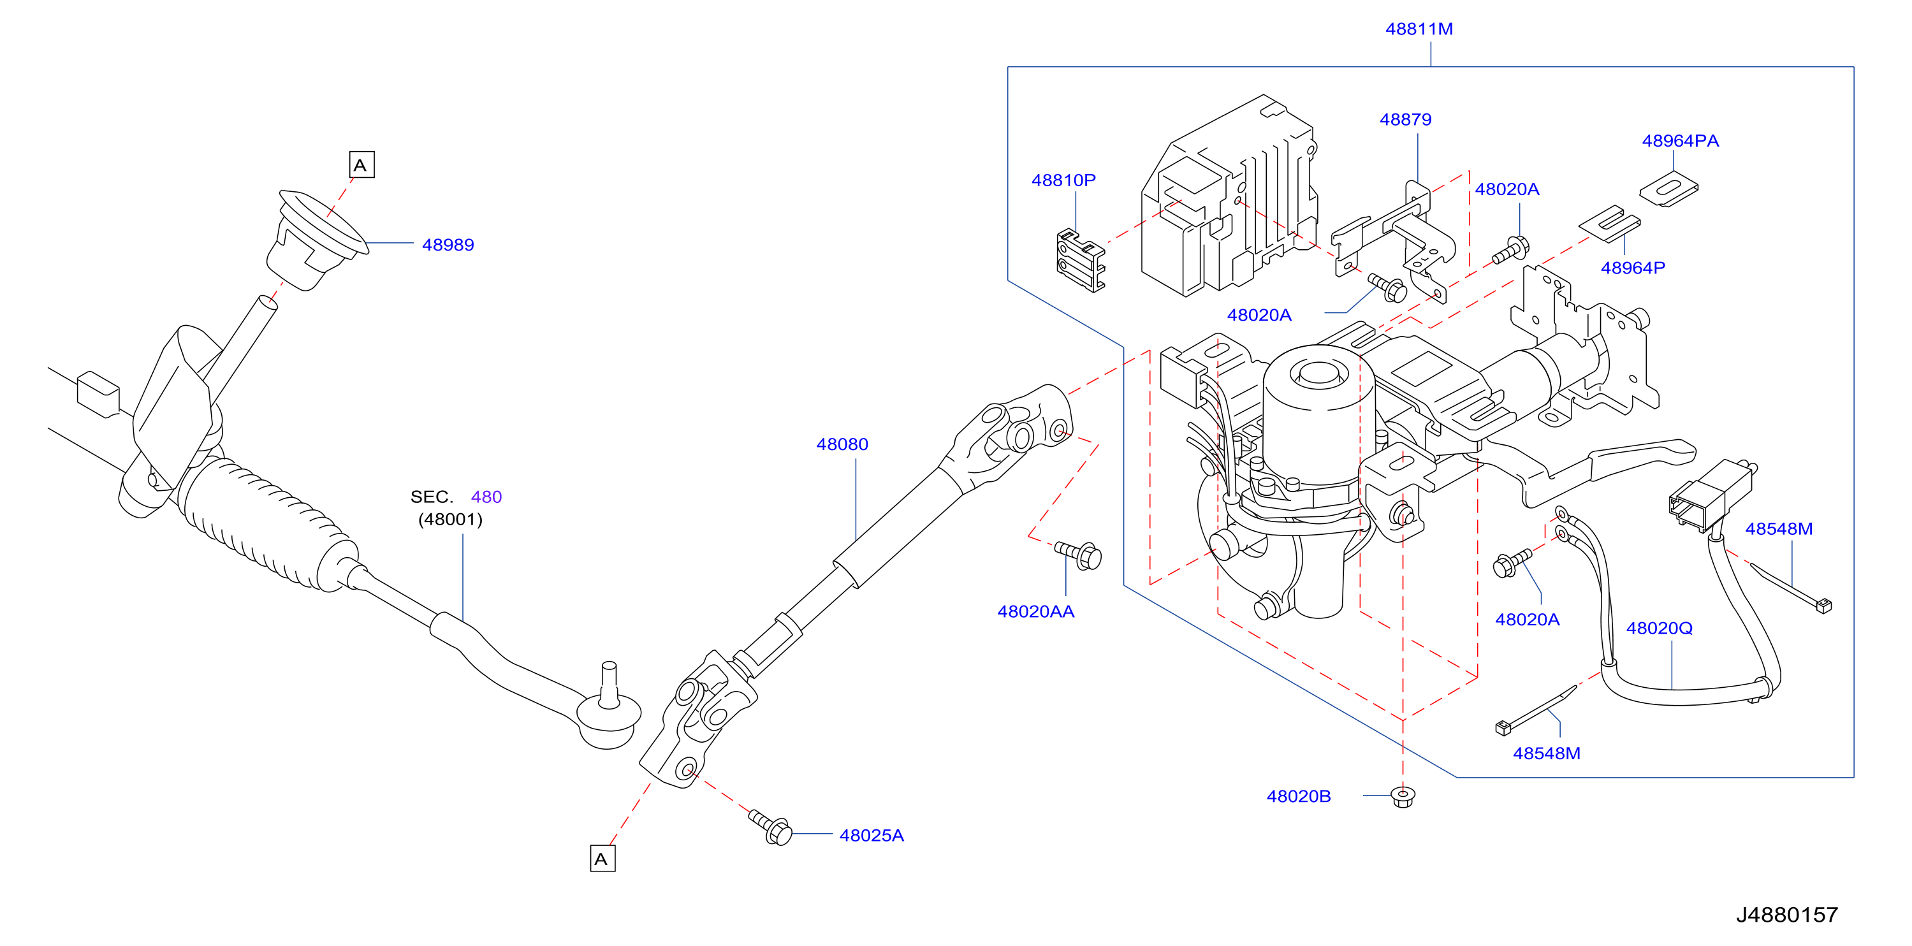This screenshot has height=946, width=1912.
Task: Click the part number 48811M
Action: [x=1419, y=29]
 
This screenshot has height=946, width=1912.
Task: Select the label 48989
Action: [x=448, y=245]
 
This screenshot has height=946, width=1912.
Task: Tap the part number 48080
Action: [x=842, y=444]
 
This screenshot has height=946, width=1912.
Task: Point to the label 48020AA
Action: [x=1035, y=611]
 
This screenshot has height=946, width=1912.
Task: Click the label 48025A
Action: [x=872, y=836]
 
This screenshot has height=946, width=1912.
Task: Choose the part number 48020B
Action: [x=1298, y=796]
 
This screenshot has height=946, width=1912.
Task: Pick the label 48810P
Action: [x=1063, y=180]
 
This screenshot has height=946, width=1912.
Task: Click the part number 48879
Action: [x=1405, y=119]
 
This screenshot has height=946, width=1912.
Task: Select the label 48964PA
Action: [x=1680, y=141]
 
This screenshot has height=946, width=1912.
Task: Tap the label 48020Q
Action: [x=1659, y=629]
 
